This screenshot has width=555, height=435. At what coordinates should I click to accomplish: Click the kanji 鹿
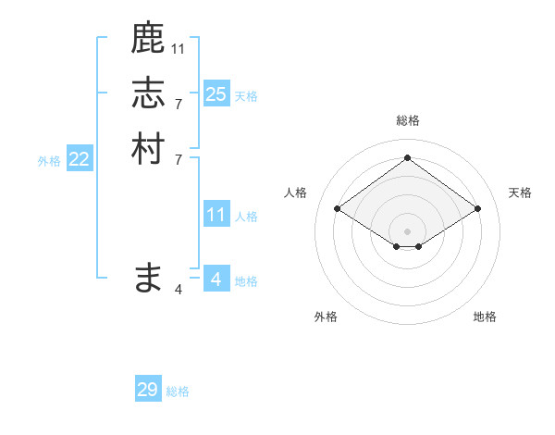[148, 39]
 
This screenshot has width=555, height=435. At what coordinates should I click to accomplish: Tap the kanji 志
[148, 93]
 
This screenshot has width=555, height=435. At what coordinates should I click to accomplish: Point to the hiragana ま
[148, 278]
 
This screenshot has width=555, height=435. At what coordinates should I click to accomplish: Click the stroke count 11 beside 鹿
[179, 47]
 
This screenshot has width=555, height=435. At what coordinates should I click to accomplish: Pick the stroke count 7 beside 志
[179, 103]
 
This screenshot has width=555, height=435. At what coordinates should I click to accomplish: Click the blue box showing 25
[216, 94]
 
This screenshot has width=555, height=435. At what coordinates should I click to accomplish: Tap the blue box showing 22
[80, 159]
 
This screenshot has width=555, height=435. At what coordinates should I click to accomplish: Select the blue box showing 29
[148, 390]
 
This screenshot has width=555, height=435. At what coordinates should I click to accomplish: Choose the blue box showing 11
[216, 216]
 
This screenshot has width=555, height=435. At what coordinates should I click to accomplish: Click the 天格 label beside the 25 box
[246, 96]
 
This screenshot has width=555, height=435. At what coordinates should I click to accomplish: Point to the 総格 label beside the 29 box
[178, 391]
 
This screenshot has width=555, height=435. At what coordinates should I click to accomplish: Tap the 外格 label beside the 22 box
[49, 161]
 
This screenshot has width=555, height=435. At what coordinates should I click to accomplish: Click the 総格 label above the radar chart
[407, 120]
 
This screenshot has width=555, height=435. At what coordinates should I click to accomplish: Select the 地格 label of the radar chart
[485, 317]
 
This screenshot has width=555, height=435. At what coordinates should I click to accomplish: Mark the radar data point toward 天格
[477, 209]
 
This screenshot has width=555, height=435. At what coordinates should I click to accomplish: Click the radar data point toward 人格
[337, 209]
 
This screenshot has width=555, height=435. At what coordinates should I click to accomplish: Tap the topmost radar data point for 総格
[407, 157]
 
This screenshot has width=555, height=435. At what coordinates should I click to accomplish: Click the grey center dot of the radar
[407, 230]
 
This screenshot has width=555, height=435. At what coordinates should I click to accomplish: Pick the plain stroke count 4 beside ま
[179, 289]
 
